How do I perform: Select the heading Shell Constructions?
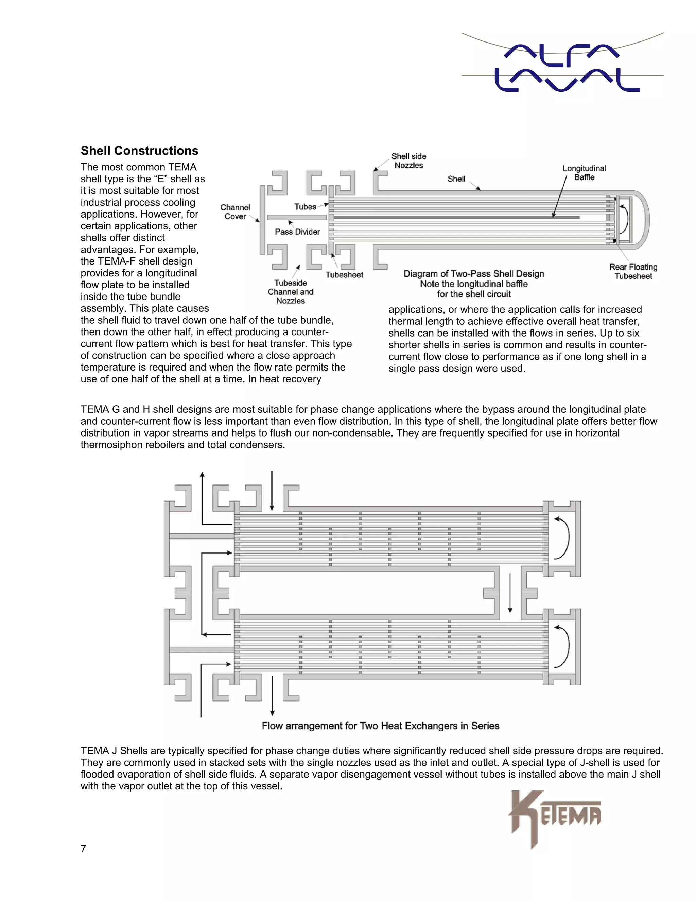139,151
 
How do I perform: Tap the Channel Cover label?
235,211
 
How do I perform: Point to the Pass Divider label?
297,232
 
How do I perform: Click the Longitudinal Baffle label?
584,172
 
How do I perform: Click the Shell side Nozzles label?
408,160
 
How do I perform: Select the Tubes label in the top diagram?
305,207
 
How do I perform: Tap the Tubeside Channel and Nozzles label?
291,292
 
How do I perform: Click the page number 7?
83,849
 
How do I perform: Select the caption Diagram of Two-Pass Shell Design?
473,274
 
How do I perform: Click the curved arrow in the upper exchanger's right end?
563,538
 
